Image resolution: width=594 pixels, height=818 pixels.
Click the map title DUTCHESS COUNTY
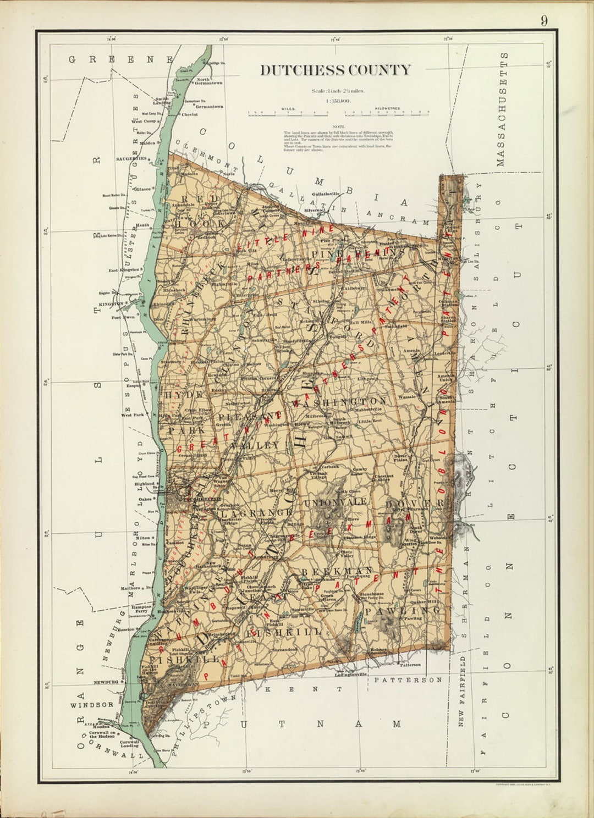click(x=335, y=70)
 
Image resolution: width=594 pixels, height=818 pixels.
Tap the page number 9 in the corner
click(x=543, y=21)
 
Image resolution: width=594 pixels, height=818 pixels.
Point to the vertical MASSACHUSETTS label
click(x=501, y=110)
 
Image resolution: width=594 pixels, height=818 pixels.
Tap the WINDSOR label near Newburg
click(x=91, y=704)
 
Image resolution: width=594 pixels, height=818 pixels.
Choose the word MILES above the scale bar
click(x=288, y=109)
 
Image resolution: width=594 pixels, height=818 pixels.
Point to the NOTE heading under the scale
click(x=338, y=126)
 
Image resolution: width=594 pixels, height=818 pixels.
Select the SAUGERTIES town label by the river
click(x=131, y=158)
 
